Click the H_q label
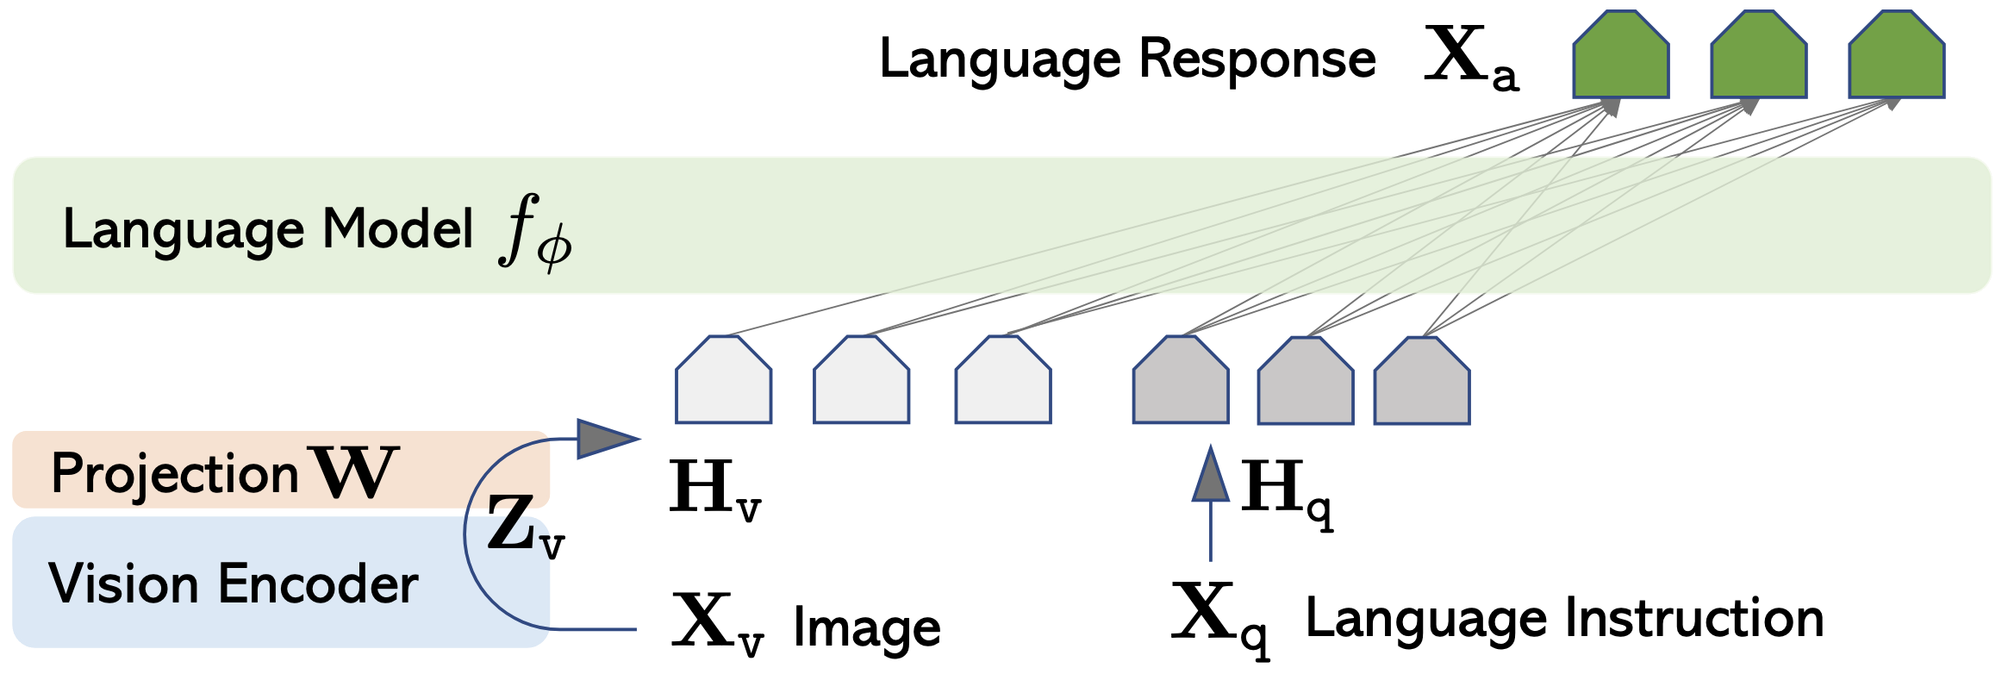(1288, 494)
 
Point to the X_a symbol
(1471, 57)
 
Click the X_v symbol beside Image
(718, 623)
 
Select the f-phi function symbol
(536, 231)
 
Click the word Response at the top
(1257, 60)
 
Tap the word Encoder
(318, 584)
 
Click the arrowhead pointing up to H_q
(1211, 473)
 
